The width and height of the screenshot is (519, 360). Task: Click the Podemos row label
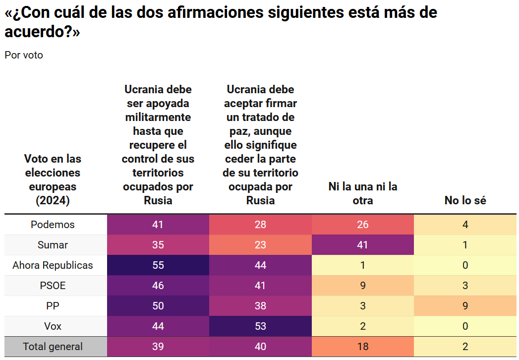[x=53, y=225]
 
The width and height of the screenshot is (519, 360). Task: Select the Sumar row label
[x=53, y=245]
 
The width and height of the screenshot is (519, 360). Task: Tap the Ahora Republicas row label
[x=53, y=265]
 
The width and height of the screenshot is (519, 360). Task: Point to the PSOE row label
[x=53, y=286]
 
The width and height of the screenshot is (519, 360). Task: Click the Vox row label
[x=53, y=326]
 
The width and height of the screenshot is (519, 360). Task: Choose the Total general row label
[x=53, y=347]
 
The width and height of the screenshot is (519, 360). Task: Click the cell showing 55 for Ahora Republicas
[x=158, y=265]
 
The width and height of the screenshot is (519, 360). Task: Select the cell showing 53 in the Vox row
[x=260, y=326]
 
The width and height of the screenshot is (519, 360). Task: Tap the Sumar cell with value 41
[x=363, y=245]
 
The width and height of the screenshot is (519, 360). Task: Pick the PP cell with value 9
[x=465, y=306]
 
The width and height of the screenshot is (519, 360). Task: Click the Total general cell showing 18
[x=363, y=347]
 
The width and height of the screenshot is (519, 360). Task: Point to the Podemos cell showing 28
[x=260, y=225]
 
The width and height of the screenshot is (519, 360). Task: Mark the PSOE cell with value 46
[x=158, y=286]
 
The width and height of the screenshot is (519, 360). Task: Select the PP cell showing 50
[x=158, y=306]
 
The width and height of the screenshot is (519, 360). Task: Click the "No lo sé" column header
[x=465, y=200]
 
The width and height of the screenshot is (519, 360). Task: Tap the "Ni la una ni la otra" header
[x=363, y=193]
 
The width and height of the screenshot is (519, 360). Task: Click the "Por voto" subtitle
[x=24, y=55]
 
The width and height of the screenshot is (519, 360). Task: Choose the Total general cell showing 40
[x=260, y=347]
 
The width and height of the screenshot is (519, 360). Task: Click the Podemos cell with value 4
[x=465, y=225]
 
